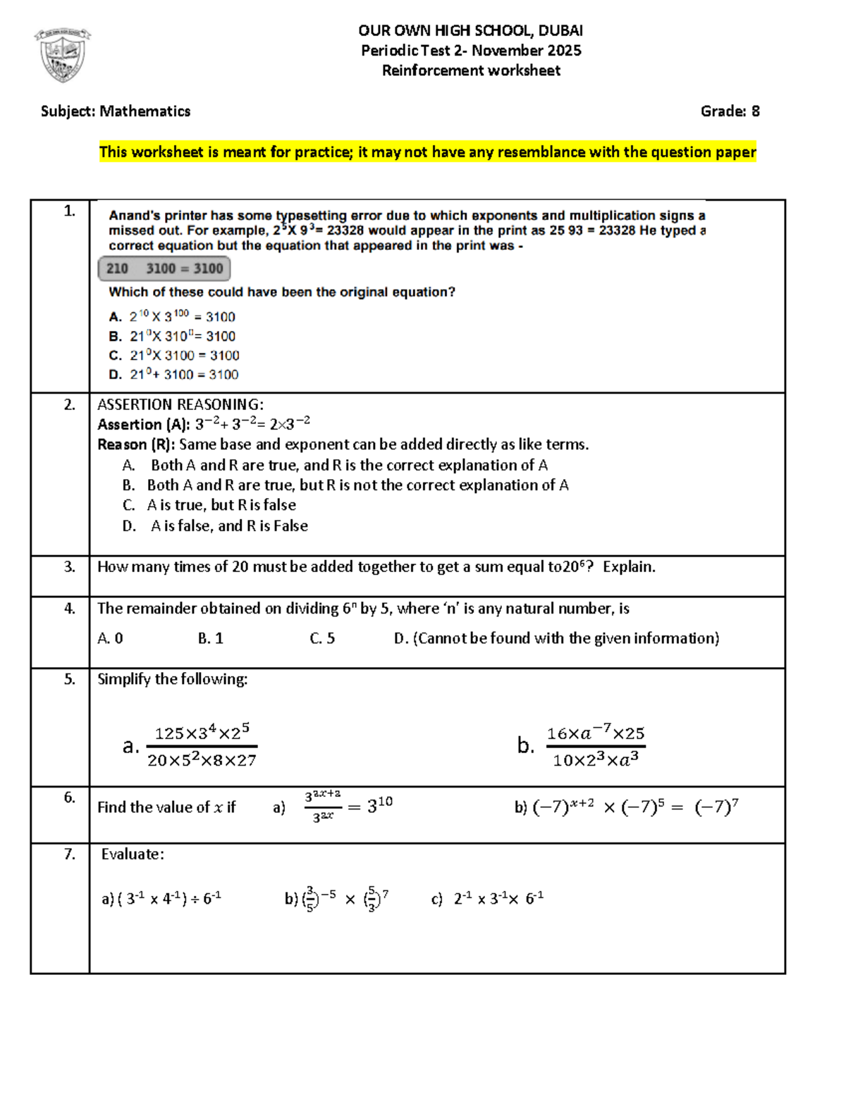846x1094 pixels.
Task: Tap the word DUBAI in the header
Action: click(560, 30)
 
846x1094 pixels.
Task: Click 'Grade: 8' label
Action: click(730, 111)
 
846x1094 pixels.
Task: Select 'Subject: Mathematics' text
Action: click(116, 111)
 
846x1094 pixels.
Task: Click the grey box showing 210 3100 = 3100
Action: click(164, 268)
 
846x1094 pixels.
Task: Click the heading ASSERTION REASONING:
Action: click(180, 404)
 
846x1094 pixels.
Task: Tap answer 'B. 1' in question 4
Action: click(210, 638)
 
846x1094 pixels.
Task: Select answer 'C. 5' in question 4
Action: click(322, 638)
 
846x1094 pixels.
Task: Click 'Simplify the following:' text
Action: click(173, 679)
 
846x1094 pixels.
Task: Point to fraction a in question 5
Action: click(202, 745)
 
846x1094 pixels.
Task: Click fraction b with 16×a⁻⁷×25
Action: click(596, 745)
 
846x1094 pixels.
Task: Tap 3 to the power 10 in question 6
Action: click(380, 805)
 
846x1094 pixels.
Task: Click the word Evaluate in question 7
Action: click(133, 854)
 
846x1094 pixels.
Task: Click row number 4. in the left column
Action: click(69, 608)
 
